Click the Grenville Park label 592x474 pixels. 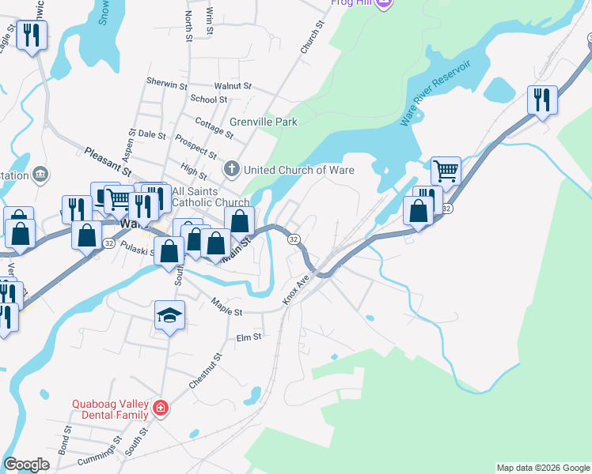[x=264, y=122]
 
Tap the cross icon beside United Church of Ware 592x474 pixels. [x=231, y=168]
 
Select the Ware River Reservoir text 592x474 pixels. [x=435, y=92]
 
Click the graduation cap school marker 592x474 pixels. [x=169, y=315]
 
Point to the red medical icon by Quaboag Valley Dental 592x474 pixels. [x=161, y=408]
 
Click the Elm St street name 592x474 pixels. [x=249, y=337]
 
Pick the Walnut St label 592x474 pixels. [x=233, y=85]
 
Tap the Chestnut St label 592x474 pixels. [x=206, y=371]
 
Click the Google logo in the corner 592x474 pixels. [x=26, y=465]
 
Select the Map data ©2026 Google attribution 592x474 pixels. [x=542, y=468]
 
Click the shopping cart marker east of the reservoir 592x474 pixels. [x=446, y=170]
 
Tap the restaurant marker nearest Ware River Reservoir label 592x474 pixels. [x=542, y=100]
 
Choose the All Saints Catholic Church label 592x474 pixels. [x=199, y=197]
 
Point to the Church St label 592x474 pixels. [x=313, y=38]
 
